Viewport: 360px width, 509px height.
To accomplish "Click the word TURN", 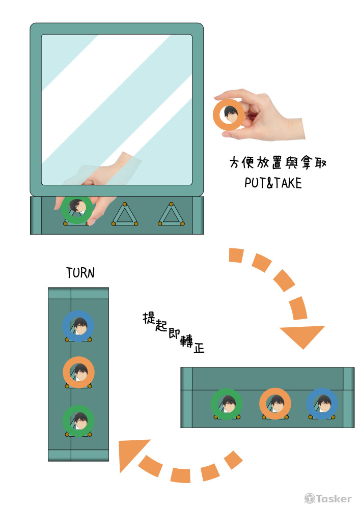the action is coord(80,273).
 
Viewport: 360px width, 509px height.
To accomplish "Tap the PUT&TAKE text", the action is coord(273,183).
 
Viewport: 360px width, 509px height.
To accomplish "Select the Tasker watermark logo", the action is coord(328,498).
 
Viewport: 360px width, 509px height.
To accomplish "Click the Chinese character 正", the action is coord(199,348).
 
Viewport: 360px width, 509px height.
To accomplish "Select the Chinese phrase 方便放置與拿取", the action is coord(278,162).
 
